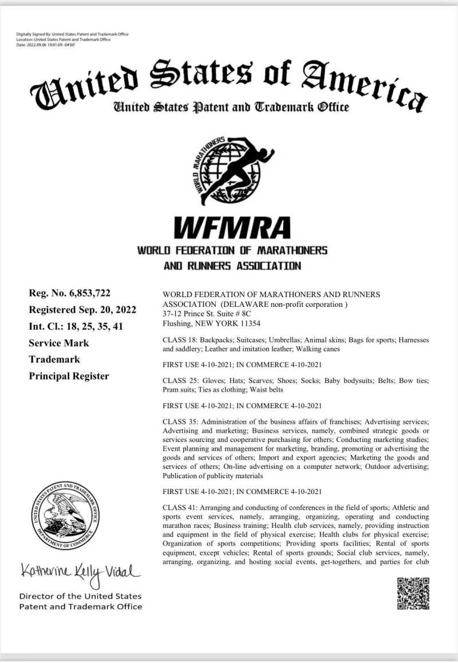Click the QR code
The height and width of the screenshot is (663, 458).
coord(413,593)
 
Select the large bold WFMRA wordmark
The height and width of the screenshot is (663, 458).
coord(232,227)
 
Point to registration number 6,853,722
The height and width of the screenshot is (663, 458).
coord(89,294)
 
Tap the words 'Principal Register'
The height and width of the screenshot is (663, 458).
coord(69,376)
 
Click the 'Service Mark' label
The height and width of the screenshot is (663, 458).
coord(59,343)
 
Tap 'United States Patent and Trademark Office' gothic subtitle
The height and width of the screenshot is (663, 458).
coord(231,106)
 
